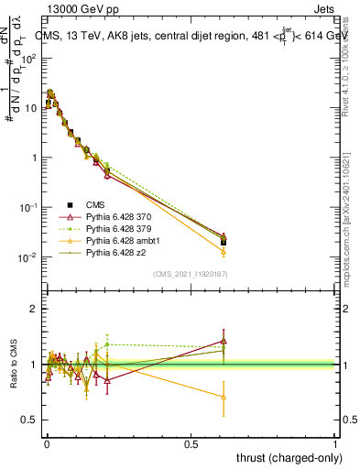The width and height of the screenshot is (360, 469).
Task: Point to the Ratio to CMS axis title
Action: click(14, 365)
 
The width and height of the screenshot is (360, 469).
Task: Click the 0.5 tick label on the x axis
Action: click(190, 443)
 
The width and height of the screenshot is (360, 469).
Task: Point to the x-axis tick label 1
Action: click(335, 443)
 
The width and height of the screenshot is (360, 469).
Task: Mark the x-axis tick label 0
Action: click(45, 443)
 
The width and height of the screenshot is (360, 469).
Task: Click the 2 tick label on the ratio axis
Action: click(33, 310)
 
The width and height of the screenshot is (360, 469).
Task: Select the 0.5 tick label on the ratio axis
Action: click(29, 420)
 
